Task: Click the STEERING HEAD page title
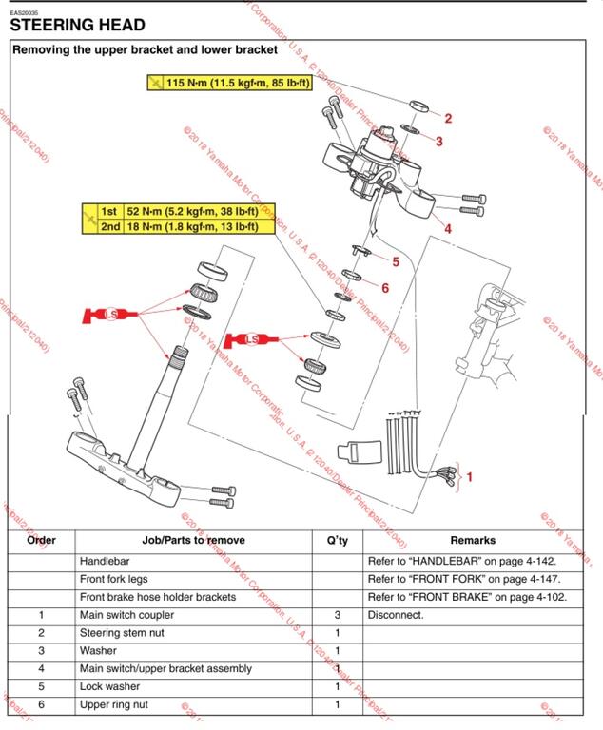77,26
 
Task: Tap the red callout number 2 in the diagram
448,119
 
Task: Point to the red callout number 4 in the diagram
447,228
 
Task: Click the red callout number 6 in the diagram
385,286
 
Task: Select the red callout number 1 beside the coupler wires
469,475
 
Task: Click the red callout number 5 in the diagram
396,260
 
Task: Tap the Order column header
41,540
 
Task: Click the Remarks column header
473,540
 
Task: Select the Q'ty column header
337,540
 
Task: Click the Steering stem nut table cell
119,633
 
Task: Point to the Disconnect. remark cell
396,615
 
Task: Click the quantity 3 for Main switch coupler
337,615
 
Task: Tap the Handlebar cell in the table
104,561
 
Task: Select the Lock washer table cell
109,686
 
